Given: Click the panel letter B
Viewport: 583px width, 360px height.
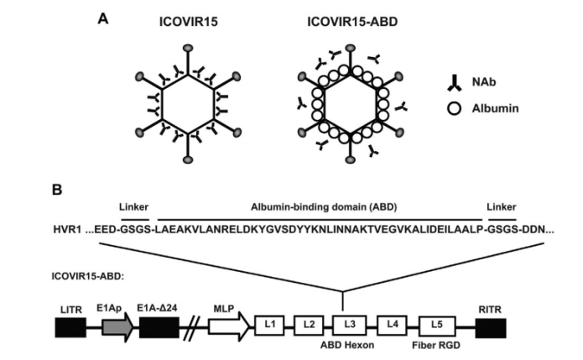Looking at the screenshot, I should tap(56, 190).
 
